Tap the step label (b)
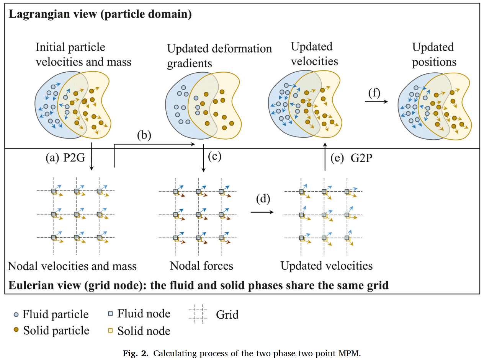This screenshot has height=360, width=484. [x=144, y=135]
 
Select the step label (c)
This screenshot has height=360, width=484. [x=214, y=156]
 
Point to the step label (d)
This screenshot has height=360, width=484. [x=263, y=199]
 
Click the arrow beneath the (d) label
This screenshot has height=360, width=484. [x=263, y=211]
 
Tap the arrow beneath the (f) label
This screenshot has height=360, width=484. [x=376, y=102]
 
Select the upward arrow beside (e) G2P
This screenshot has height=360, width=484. [x=325, y=157]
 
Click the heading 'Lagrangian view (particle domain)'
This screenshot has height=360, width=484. [x=100, y=15]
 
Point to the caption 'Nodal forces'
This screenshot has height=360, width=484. [x=201, y=265]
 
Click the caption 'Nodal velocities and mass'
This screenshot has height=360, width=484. [x=72, y=266]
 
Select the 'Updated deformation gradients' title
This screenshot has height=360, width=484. [x=219, y=56]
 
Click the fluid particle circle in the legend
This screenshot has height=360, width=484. [x=16, y=314]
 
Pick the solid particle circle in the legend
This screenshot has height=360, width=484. [x=16, y=330]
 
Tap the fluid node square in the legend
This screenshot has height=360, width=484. [x=110, y=314]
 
